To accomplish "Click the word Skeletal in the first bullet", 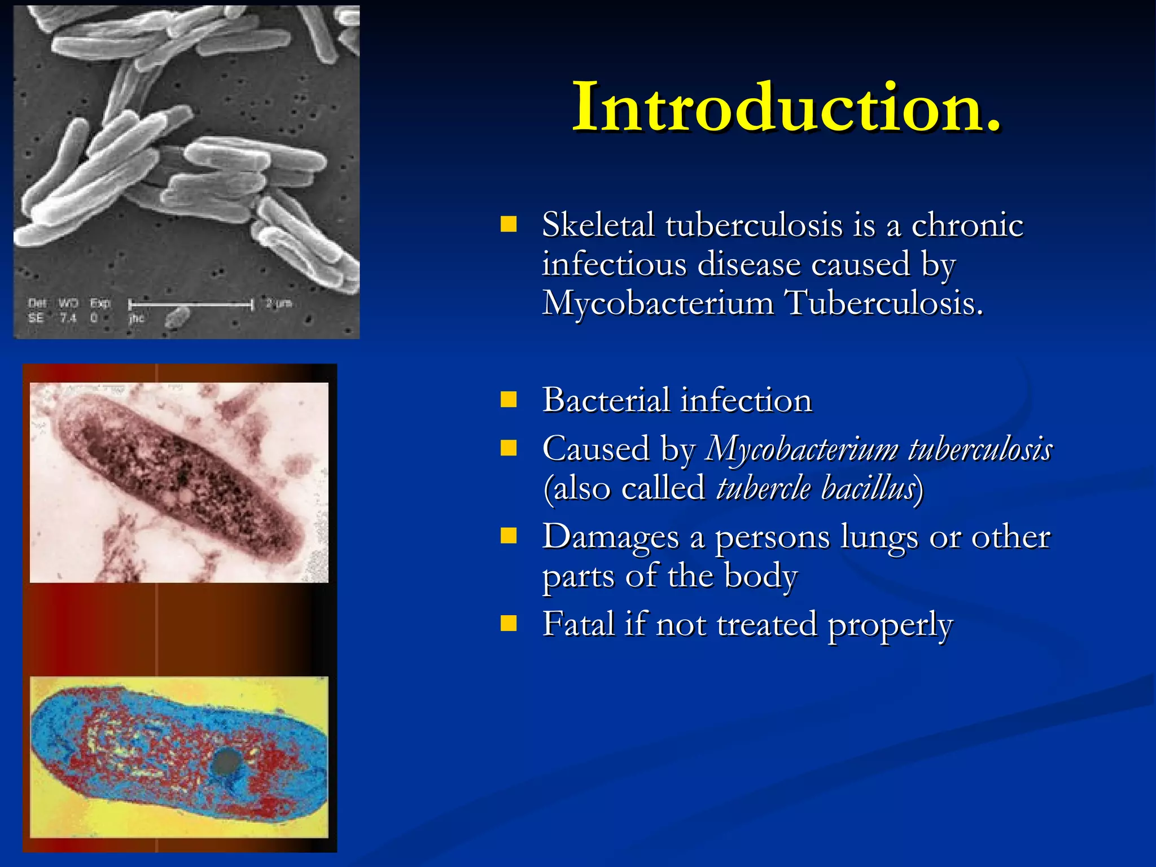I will (x=598, y=225).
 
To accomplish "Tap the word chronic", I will (x=967, y=225).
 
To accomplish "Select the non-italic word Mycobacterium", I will (x=658, y=303).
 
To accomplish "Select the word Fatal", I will (x=578, y=624).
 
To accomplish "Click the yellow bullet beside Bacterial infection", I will (x=509, y=400).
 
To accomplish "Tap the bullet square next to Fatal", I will (x=509, y=624).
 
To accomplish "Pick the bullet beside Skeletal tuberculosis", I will (x=509, y=225).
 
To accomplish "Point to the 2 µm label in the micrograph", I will (x=279, y=304).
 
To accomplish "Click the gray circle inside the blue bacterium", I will (x=226, y=763).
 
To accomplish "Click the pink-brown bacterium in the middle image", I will (x=181, y=480).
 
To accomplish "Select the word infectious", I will (x=614, y=264).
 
